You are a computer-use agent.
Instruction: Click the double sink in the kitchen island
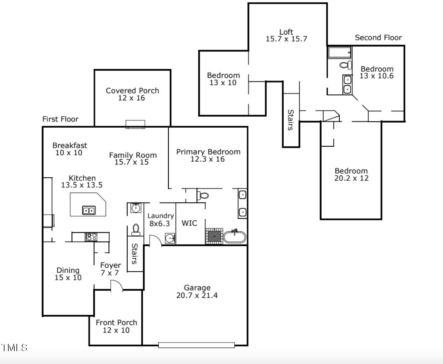pyautogui.click(x=89, y=210)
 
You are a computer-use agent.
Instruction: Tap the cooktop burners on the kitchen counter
pyautogui.click(x=91, y=237)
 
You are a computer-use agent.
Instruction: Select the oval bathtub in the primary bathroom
pyautogui.click(x=235, y=237)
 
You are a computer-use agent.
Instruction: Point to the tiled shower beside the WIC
pyautogui.click(x=214, y=236)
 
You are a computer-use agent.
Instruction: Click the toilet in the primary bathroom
pyautogui.click(x=203, y=196)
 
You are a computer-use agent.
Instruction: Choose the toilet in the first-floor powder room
pyautogui.click(x=136, y=229)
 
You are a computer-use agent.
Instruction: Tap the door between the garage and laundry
pyautogui.click(x=155, y=241)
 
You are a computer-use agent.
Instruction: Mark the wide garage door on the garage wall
pyautogui.click(x=196, y=345)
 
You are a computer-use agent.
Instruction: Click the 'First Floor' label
pyautogui.click(x=60, y=119)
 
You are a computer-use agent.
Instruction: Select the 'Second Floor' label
pyautogui.click(x=378, y=38)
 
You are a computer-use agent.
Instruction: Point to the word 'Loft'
pyautogui.click(x=286, y=32)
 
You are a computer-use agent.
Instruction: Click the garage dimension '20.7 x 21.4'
pyautogui.click(x=197, y=295)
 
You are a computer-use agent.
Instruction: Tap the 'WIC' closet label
pyautogui.click(x=189, y=223)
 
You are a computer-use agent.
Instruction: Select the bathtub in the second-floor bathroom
pyautogui.click(x=340, y=52)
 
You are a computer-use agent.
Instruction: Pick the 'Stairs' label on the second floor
pyautogui.click(x=291, y=120)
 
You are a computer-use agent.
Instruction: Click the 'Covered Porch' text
pyautogui.click(x=132, y=91)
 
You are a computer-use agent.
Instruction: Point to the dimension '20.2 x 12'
pyautogui.click(x=351, y=178)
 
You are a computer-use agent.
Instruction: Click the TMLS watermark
pyautogui.click(x=14, y=348)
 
